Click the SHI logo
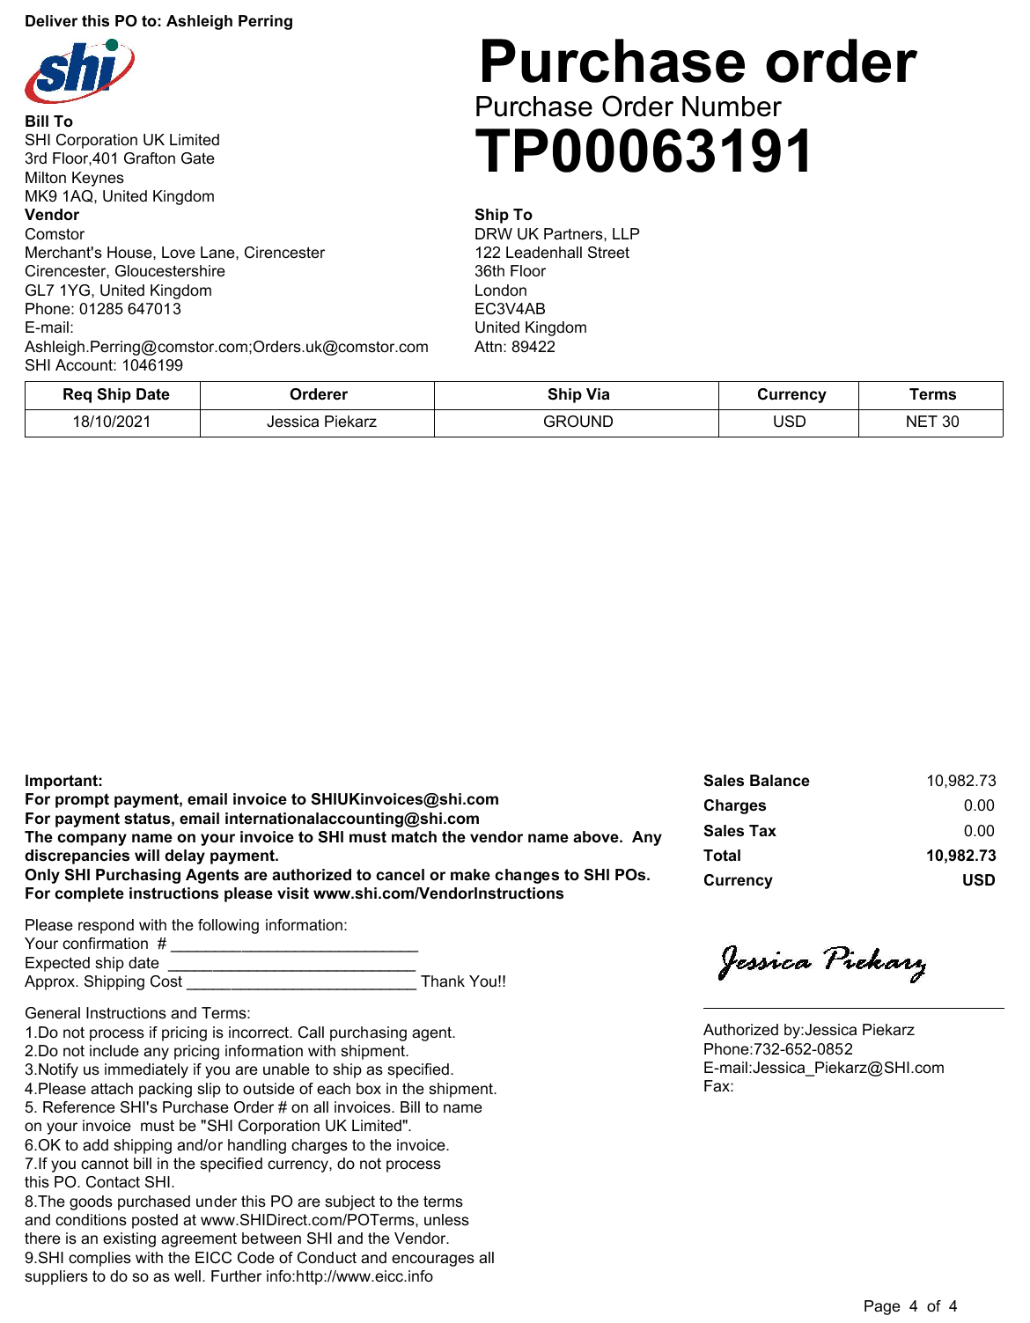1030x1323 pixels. pyautogui.click(x=79, y=70)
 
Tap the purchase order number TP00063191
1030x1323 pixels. pyautogui.click(x=644, y=152)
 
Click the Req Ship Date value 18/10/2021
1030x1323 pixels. pyautogui.click(x=112, y=422)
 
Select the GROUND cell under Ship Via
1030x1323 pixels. pyautogui.click(x=578, y=422)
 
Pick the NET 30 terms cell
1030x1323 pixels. pyautogui.click(x=931, y=422)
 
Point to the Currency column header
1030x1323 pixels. pyautogui.click(x=791, y=394)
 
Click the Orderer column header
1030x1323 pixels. pyautogui.click(x=318, y=394)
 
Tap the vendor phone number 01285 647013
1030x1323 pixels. pyautogui.click(x=130, y=309)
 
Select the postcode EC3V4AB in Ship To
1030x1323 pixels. pyautogui.click(x=510, y=309)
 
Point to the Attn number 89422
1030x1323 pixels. pyautogui.click(x=533, y=347)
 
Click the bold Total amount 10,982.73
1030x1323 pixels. pyautogui.click(x=960, y=856)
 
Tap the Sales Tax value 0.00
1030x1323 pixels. pyautogui.click(x=979, y=831)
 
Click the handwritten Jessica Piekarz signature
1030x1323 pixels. pyautogui.click(x=822, y=962)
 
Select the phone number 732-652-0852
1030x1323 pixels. pyautogui.click(x=803, y=1049)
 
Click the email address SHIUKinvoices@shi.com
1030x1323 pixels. pyautogui.click(x=404, y=799)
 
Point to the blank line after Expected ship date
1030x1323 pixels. pyautogui.click(x=291, y=965)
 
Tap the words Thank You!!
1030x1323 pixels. pyautogui.click(x=463, y=981)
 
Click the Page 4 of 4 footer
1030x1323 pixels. pyautogui.click(x=909, y=1306)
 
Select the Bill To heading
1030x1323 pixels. pyautogui.click(x=48, y=121)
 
